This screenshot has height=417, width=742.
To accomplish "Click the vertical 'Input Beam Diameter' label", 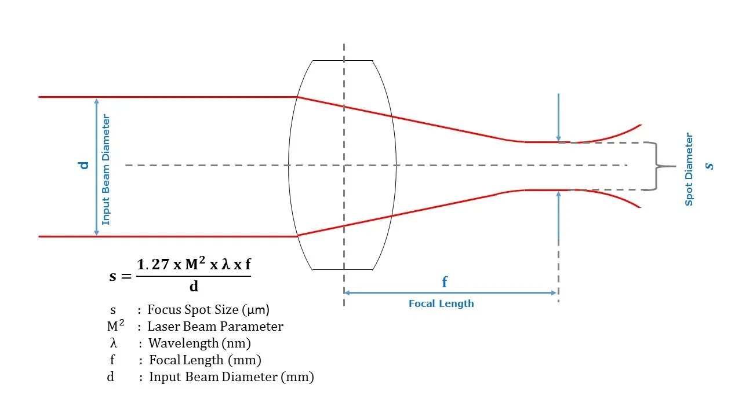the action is click(106, 170).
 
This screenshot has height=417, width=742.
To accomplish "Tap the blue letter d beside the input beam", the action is click(84, 165).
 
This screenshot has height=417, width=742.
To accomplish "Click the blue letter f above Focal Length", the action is click(445, 282).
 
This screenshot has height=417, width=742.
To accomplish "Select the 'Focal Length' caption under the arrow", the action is click(441, 303).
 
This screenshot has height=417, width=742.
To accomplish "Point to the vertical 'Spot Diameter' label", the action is click(689, 169).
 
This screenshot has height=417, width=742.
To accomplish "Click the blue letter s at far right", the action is click(709, 166).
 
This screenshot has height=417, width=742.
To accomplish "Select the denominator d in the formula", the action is click(194, 286).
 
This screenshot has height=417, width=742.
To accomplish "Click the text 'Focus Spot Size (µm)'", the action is click(208, 310).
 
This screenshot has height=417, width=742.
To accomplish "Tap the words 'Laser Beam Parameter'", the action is click(215, 327).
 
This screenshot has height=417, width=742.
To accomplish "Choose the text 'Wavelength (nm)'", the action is click(199, 343).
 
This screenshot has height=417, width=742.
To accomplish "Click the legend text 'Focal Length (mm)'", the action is click(205, 360).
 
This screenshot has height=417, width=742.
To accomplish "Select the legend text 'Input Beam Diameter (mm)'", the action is click(231, 377).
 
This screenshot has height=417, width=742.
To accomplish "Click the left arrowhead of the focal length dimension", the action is click(347, 293).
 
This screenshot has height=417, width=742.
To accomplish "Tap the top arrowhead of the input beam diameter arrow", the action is click(97, 101).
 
